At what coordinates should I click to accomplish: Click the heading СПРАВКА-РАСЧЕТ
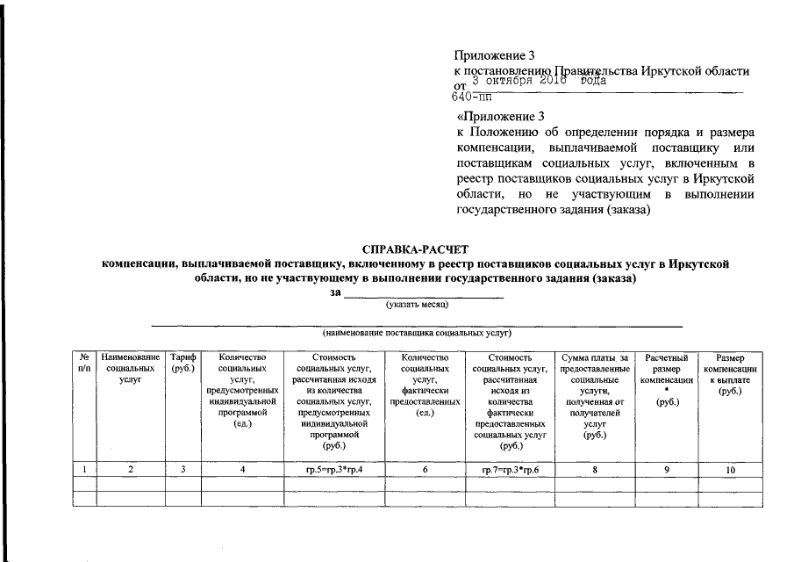[x=417, y=249]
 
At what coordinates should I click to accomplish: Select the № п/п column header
[x=84, y=364]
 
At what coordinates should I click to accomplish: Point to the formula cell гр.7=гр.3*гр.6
[x=511, y=471]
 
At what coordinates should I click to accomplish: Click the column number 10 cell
[x=730, y=471]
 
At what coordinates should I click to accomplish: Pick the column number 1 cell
[x=84, y=471]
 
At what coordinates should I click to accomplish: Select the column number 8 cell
[x=595, y=471]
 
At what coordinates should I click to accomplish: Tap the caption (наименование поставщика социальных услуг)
[x=417, y=335]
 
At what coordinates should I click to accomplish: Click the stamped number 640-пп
[x=472, y=97]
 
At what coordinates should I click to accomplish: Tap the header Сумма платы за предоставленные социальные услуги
[x=595, y=396]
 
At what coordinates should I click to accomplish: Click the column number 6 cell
[x=424, y=471]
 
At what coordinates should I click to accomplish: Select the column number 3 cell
[x=184, y=471]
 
